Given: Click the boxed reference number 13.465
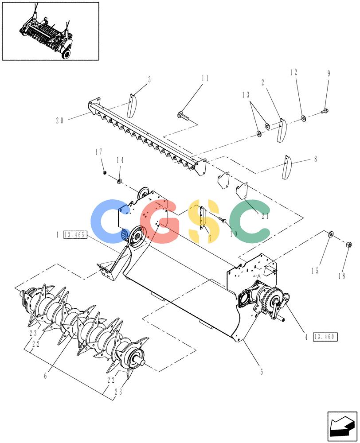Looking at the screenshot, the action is pos(74,235).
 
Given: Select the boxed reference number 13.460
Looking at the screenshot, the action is pos(325,337).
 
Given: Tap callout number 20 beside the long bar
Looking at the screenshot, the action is pos(60,120).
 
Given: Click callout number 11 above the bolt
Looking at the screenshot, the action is pos(205,78).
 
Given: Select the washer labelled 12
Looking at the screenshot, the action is pos(303,118).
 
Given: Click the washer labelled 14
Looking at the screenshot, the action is pos(119,180).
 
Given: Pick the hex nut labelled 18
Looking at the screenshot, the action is pos(348,245).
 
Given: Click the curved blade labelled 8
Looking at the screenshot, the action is pos(287,167).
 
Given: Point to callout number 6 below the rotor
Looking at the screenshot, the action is pos(46,376).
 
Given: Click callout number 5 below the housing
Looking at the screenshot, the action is pos(262,372).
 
